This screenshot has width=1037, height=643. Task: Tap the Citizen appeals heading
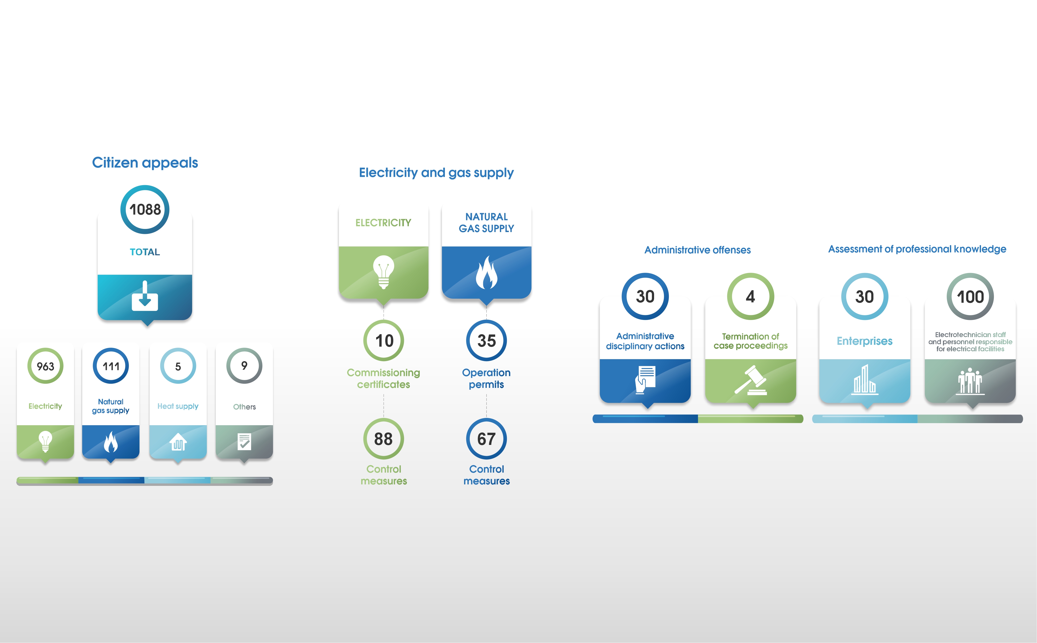pos(145,163)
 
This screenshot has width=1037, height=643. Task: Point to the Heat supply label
pos(178,406)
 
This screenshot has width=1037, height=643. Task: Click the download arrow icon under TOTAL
pos(145,296)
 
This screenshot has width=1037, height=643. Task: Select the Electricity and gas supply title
pos(436,173)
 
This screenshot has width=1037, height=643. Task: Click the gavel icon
pos(751,380)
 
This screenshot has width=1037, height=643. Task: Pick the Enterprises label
pos(864,341)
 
